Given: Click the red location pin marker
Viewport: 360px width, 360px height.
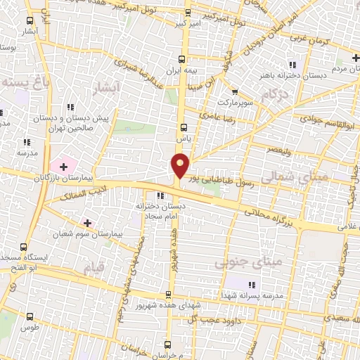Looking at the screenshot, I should tap(181, 165).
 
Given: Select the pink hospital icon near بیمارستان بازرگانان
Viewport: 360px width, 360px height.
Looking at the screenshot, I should tap(65, 167).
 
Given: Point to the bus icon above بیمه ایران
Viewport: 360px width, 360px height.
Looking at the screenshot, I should tap(182, 59).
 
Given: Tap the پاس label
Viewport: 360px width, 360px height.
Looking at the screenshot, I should tap(184, 139).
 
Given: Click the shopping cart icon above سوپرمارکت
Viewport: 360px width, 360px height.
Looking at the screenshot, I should tap(234, 91).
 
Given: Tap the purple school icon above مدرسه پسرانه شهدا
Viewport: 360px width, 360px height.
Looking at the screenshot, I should tap(251, 284).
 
